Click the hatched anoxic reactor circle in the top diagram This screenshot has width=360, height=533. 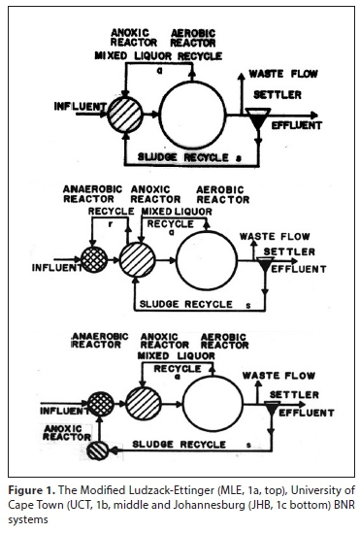125,115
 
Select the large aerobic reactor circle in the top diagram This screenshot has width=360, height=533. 192,116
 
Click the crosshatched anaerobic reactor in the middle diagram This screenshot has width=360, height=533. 94,259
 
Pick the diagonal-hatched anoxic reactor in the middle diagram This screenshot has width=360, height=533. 137,260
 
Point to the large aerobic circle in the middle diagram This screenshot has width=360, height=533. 207,261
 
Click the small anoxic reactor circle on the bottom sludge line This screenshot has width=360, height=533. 97,450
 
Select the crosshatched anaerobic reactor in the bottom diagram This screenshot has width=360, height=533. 101,405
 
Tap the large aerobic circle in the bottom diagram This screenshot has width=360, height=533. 213,404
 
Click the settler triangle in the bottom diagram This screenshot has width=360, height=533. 272,409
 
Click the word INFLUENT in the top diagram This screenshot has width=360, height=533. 81,107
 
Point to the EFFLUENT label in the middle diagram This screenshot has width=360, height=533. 299,269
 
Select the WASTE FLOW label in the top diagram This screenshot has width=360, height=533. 283,74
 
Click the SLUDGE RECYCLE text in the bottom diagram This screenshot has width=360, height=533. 179,445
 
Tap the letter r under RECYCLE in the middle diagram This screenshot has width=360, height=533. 111,224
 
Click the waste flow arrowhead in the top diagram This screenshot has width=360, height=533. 241,76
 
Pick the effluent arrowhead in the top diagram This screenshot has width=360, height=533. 314,116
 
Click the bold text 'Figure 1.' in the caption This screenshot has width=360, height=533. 31,490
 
